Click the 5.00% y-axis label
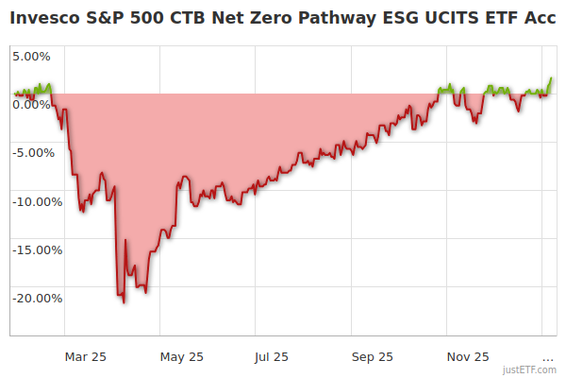point(31,56)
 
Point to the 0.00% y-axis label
point(31,104)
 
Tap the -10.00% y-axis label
point(37,201)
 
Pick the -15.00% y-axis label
point(37,249)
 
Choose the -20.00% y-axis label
point(37,298)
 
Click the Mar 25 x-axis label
point(85,356)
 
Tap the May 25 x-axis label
point(182,356)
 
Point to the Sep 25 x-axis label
point(373,356)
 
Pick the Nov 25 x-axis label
point(468,356)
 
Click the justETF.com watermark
point(529,369)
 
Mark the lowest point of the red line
point(124,301)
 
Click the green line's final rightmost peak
point(551,78)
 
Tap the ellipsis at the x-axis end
point(548,356)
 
